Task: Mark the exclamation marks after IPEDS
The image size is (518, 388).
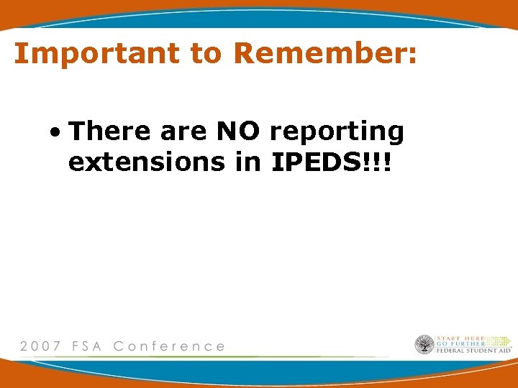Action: pyautogui.click(x=376, y=162)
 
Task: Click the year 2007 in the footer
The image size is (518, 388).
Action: pyautogui.click(x=40, y=346)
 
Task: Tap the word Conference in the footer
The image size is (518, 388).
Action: pyautogui.click(x=169, y=346)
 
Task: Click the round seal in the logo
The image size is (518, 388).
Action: pyautogui.click(x=424, y=345)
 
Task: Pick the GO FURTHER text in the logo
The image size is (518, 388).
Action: pyautogui.click(x=461, y=344)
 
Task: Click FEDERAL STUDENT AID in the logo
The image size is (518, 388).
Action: pyautogui.click(x=473, y=351)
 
